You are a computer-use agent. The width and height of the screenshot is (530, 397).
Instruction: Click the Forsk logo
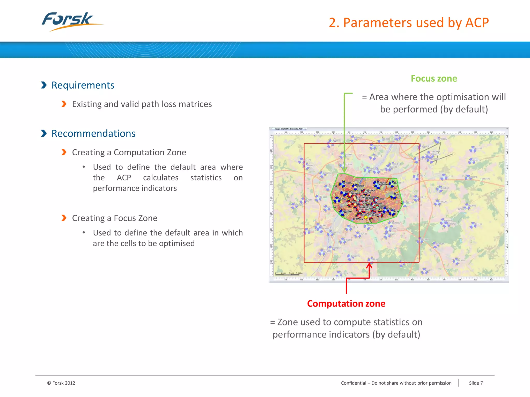click(x=70, y=21)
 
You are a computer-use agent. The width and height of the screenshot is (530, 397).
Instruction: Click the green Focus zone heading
click(x=434, y=79)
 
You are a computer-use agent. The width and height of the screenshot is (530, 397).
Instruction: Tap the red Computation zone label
click(x=346, y=303)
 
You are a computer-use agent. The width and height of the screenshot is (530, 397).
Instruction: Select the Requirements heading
click(x=83, y=85)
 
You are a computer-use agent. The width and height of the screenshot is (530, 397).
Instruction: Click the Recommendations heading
click(x=93, y=134)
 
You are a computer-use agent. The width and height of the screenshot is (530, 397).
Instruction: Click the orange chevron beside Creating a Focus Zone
click(x=64, y=218)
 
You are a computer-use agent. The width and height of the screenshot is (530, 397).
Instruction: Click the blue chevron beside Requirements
click(x=44, y=85)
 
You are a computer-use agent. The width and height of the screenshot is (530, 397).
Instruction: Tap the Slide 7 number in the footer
click(x=476, y=383)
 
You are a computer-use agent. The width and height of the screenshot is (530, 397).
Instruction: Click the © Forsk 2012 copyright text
click(x=61, y=383)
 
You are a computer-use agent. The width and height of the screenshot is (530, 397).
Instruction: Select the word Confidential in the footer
click(x=354, y=383)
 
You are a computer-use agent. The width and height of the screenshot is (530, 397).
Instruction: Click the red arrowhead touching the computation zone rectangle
click(x=369, y=265)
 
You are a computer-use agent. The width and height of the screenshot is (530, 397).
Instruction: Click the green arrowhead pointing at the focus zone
click(x=344, y=170)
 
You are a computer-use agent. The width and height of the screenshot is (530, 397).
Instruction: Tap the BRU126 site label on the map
click(x=478, y=149)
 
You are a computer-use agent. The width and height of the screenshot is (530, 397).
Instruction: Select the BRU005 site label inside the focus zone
click(x=348, y=183)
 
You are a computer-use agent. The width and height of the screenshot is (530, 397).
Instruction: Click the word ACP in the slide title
click(x=477, y=23)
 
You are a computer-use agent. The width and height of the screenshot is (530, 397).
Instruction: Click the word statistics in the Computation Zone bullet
click(x=206, y=178)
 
